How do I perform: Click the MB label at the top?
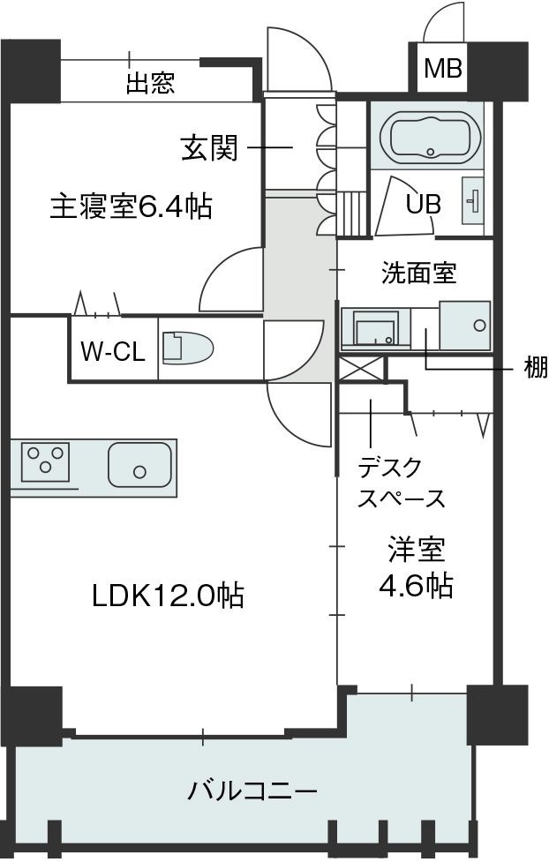[x=442, y=69]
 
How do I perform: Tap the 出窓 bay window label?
[x=150, y=84]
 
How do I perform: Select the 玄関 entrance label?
[x=209, y=148]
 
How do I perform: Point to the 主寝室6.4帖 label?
[x=130, y=207]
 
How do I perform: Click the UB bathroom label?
[x=424, y=203]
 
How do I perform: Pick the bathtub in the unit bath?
[x=428, y=139]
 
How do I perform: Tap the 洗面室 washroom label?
[x=418, y=274]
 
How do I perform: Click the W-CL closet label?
[x=113, y=352]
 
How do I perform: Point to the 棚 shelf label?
[x=535, y=367]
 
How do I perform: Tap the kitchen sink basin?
[x=139, y=464]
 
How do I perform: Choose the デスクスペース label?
[x=401, y=483]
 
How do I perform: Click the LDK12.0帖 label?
[x=168, y=596]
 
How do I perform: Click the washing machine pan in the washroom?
[x=464, y=325]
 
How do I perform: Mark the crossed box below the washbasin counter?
[x=360, y=368]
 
